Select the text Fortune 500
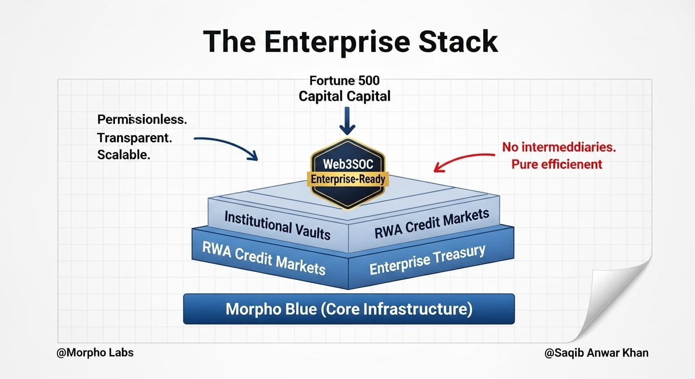344,80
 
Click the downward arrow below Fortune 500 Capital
347,121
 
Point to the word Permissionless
142,120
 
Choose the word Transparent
134,138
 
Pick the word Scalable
123,154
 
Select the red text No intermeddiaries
559,147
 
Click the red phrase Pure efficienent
556,164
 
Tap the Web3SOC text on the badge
347,163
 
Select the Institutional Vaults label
277,225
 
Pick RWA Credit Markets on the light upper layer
431,223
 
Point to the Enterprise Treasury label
427,259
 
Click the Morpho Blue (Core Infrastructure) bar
348,309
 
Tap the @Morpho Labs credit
95,353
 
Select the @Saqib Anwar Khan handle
596,353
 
